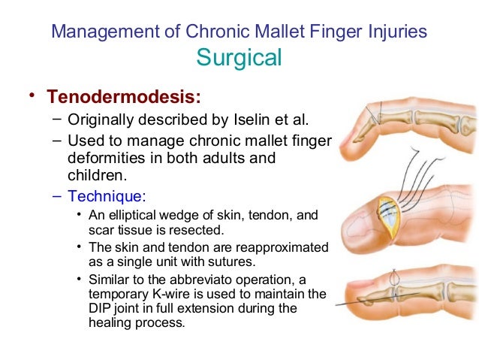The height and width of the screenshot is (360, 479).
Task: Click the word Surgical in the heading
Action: coord(239,57)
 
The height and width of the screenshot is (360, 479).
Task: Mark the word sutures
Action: coord(213,262)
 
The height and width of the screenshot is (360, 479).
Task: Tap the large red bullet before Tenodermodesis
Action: coord(31,98)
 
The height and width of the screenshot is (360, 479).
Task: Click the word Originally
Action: coord(101,119)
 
